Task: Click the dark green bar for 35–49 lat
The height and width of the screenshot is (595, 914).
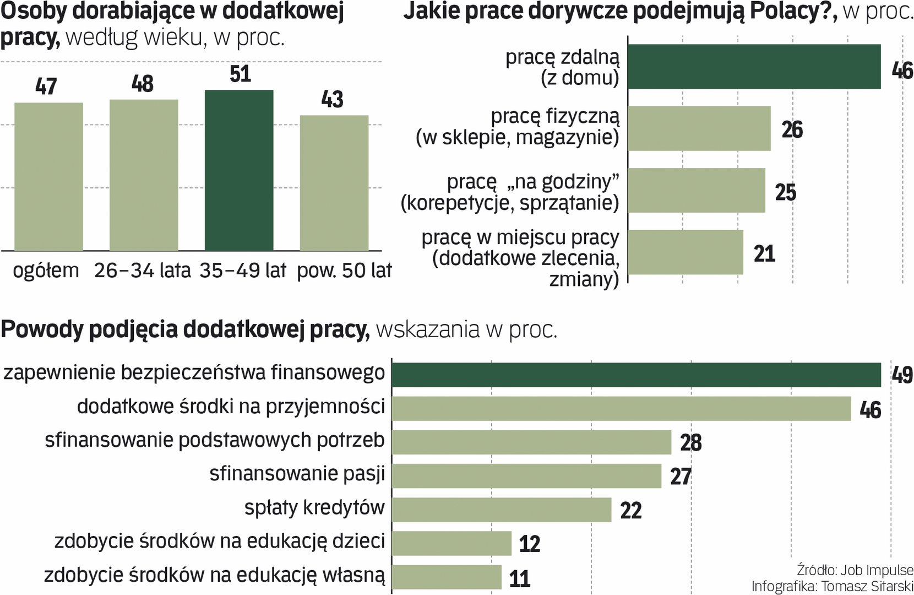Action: click(x=239, y=170)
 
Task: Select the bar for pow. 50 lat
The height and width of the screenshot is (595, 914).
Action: click(x=334, y=183)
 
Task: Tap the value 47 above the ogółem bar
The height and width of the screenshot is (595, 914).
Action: click(x=46, y=86)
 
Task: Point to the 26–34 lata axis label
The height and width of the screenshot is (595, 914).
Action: click(x=142, y=271)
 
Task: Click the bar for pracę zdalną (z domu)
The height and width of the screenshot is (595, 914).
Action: click(x=754, y=67)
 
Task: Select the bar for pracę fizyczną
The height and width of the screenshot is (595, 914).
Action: click(x=699, y=128)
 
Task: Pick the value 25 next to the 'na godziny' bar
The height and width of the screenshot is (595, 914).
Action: click(x=786, y=192)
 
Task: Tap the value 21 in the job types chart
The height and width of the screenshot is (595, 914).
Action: click(x=764, y=254)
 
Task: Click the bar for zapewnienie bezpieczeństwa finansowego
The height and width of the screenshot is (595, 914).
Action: click(x=636, y=375)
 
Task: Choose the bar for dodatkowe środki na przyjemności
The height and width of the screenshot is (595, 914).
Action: click(x=621, y=408)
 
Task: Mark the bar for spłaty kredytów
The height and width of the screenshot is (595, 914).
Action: click(x=501, y=510)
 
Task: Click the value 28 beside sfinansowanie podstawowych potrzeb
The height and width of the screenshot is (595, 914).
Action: click(x=691, y=443)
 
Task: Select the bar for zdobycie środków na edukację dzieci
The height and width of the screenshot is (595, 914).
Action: click(x=451, y=543)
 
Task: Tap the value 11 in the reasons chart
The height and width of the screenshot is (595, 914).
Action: click(x=520, y=578)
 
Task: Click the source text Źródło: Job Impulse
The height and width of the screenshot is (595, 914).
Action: click(x=855, y=570)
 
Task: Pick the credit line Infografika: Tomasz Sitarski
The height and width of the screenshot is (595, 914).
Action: click(x=832, y=586)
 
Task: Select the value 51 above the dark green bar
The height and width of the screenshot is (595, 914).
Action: click(x=240, y=74)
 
